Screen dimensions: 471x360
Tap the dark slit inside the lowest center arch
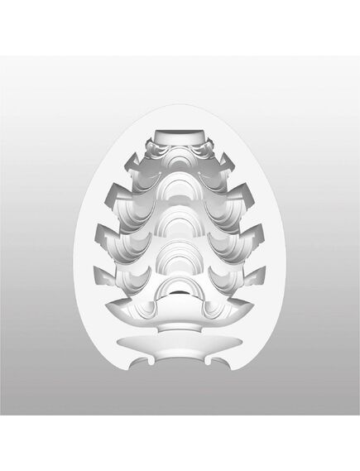coord(180,293)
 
